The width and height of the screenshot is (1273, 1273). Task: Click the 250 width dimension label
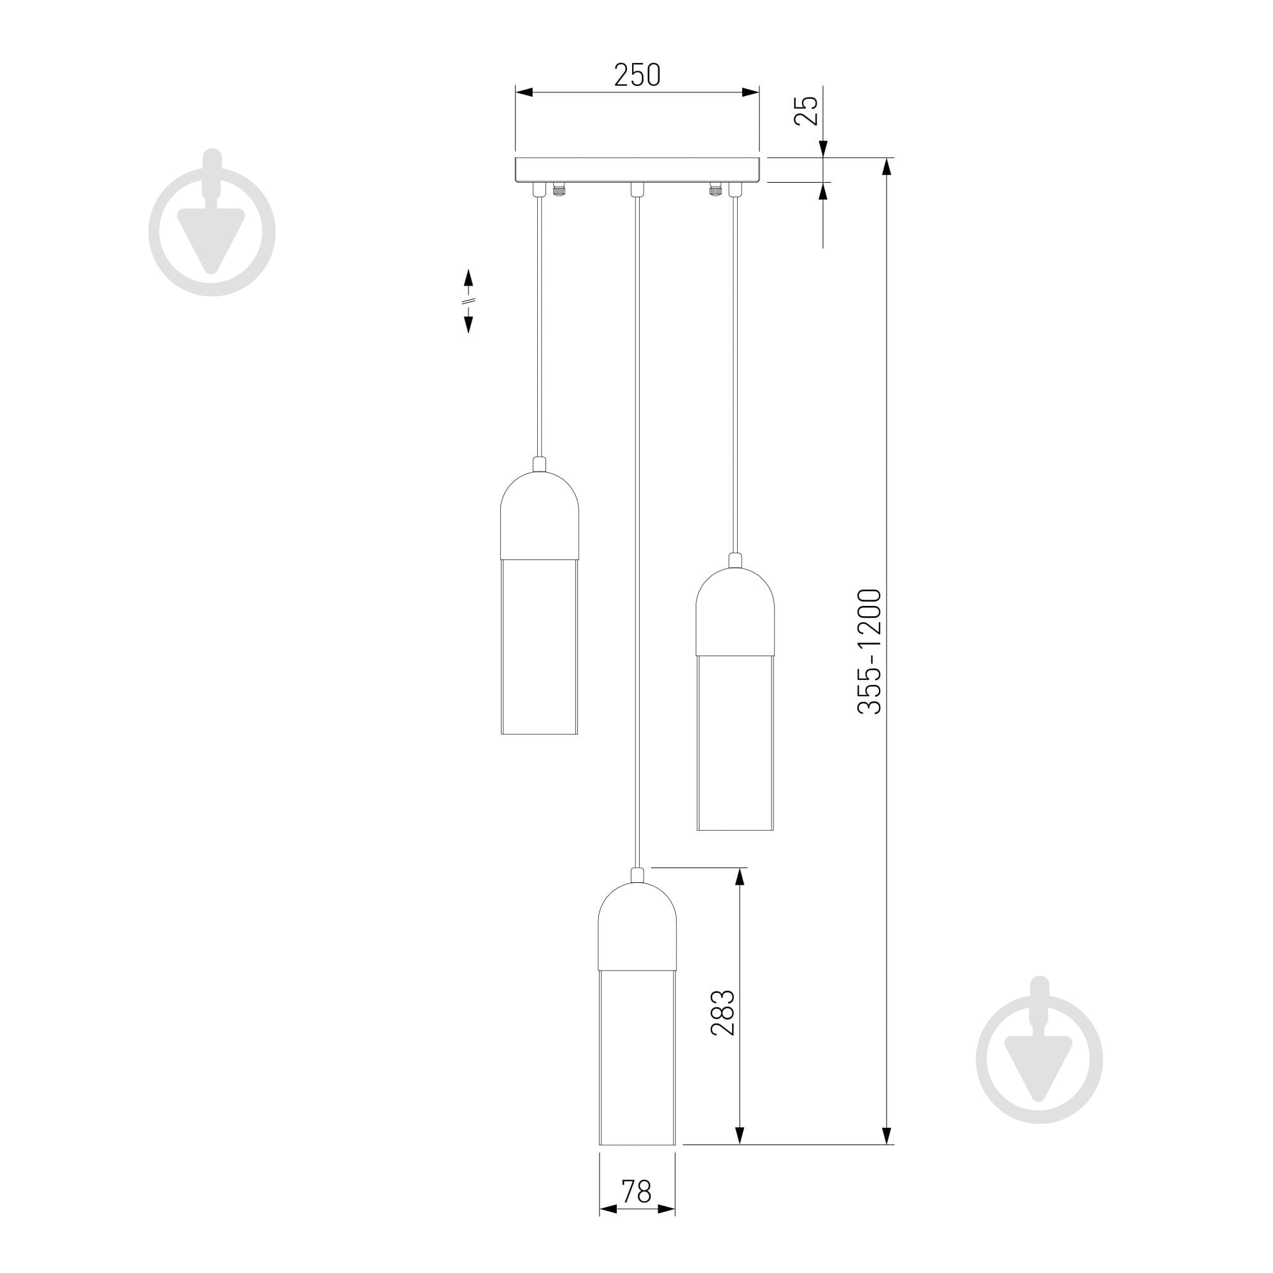636,75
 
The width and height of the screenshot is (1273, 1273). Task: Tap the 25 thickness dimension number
806,111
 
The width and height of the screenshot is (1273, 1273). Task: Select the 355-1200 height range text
868,651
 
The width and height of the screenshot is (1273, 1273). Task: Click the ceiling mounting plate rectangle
636,170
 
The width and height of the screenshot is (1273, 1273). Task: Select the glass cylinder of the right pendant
735,743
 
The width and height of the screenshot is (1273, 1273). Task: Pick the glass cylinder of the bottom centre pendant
636,1057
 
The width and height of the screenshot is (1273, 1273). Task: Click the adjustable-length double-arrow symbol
468,300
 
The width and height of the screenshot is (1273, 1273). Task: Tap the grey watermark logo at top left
211,224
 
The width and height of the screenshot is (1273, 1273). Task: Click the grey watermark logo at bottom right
1039,1051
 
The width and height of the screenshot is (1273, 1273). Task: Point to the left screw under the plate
559,190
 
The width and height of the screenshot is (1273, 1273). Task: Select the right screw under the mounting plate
714,190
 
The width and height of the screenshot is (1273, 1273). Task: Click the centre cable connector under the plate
636,190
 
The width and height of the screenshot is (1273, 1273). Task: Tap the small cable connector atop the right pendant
735,561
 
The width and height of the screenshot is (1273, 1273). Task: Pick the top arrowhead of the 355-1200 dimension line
887,167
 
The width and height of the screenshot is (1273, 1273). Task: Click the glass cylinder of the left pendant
539,647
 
